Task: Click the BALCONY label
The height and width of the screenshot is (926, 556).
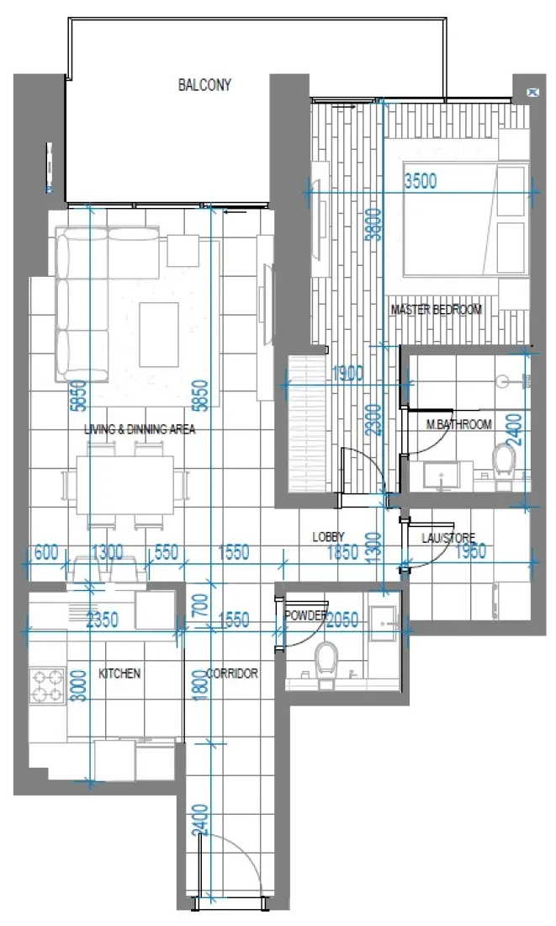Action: (204, 85)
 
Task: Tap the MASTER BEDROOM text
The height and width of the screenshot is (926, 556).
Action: (436, 310)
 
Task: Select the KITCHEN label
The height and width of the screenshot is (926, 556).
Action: (119, 673)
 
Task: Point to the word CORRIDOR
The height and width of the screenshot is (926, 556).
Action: (231, 673)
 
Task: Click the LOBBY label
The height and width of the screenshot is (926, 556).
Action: (329, 536)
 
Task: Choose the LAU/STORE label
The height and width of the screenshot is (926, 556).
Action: (449, 537)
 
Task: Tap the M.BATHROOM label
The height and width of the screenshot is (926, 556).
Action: (458, 424)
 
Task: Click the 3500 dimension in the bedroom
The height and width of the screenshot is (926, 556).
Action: (421, 182)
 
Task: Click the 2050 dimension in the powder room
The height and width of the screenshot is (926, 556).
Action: (342, 620)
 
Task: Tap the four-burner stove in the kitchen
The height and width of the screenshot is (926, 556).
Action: (47, 685)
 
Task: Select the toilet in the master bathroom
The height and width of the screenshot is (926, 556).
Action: (504, 463)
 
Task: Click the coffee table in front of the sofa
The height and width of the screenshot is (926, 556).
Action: (158, 333)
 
